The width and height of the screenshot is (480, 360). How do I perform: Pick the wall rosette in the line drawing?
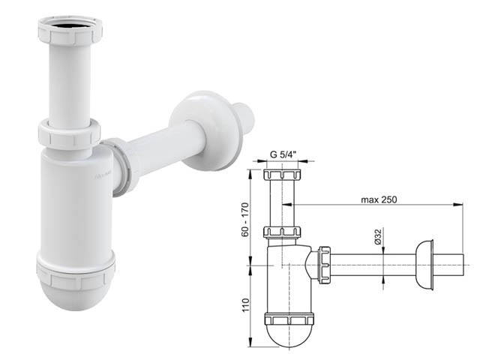coord(427,264)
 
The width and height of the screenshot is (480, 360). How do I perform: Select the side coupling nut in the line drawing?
coord(325,264)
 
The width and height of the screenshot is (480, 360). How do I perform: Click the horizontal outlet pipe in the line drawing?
coord(375,264)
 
